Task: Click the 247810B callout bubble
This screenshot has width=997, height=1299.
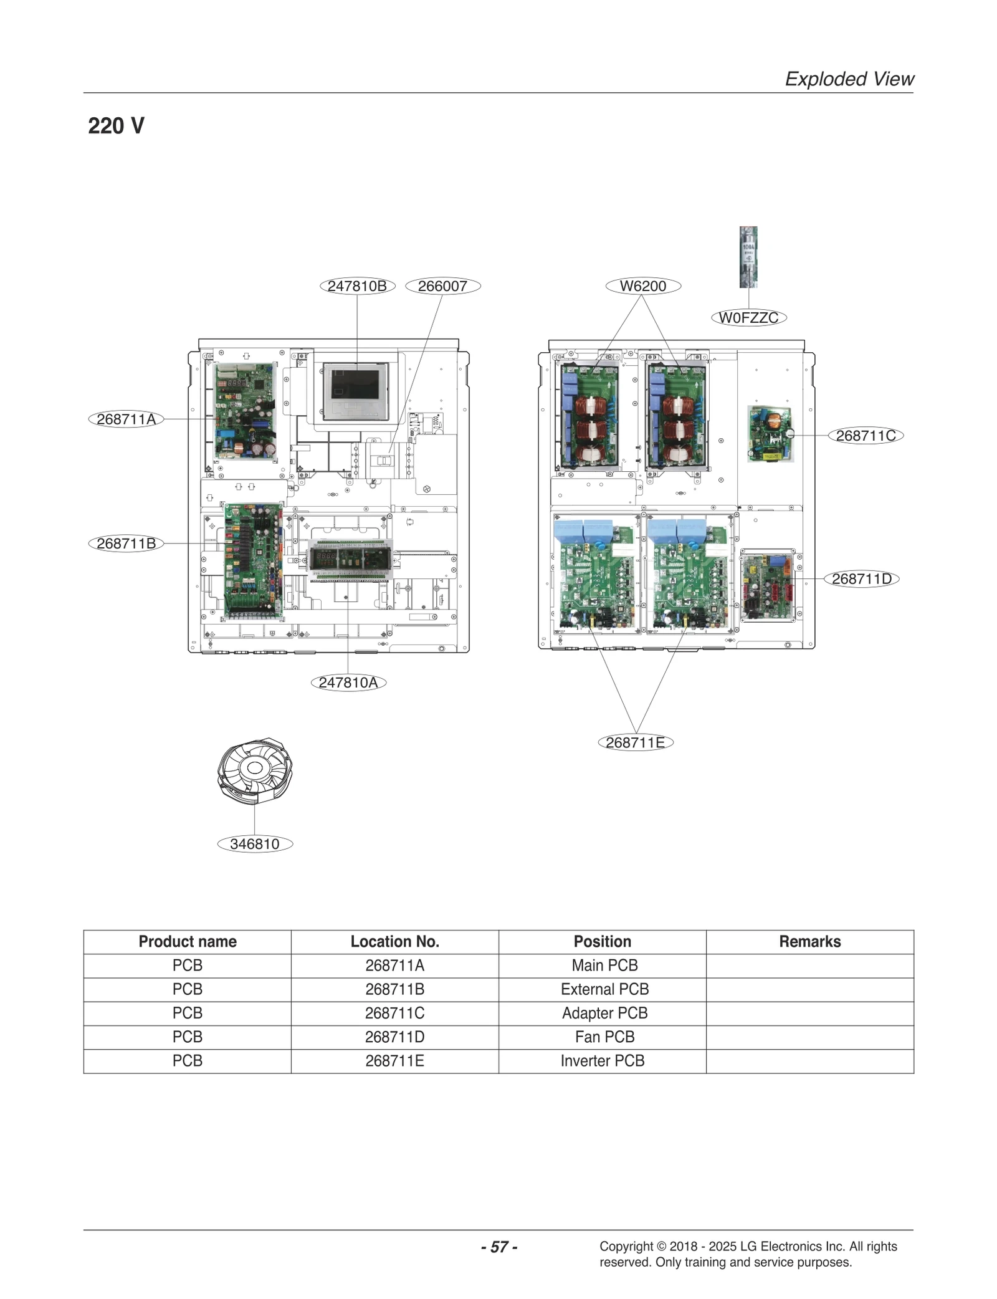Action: click(x=357, y=286)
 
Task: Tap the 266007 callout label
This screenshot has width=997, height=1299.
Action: click(x=442, y=286)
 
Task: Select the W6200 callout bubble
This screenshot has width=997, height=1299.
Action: click(x=642, y=286)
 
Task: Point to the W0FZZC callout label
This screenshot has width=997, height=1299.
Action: click(x=748, y=318)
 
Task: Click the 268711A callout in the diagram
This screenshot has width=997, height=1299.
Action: click(x=126, y=419)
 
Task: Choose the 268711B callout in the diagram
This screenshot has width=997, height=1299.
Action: click(x=126, y=544)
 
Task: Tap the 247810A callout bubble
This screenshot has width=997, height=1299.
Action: click(x=348, y=683)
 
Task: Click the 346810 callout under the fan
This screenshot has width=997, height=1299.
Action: click(x=254, y=844)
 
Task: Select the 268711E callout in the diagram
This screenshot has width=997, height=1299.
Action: click(x=635, y=743)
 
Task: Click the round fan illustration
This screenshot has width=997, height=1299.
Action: click(x=255, y=771)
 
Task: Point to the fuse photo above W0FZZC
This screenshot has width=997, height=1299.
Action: click(x=748, y=257)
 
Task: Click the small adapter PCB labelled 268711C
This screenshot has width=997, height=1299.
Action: click(x=770, y=434)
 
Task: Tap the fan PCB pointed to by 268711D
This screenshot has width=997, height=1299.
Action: click(x=768, y=586)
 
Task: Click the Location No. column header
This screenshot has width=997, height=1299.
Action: click(x=394, y=941)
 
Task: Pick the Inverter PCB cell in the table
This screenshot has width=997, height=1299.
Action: click(x=602, y=1061)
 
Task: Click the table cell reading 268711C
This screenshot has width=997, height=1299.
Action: click(x=394, y=1013)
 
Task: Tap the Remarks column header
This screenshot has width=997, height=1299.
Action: click(x=809, y=941)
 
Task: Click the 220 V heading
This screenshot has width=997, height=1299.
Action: click(x=116, y=126)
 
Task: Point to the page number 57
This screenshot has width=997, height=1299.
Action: click(x=499, y=1247)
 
